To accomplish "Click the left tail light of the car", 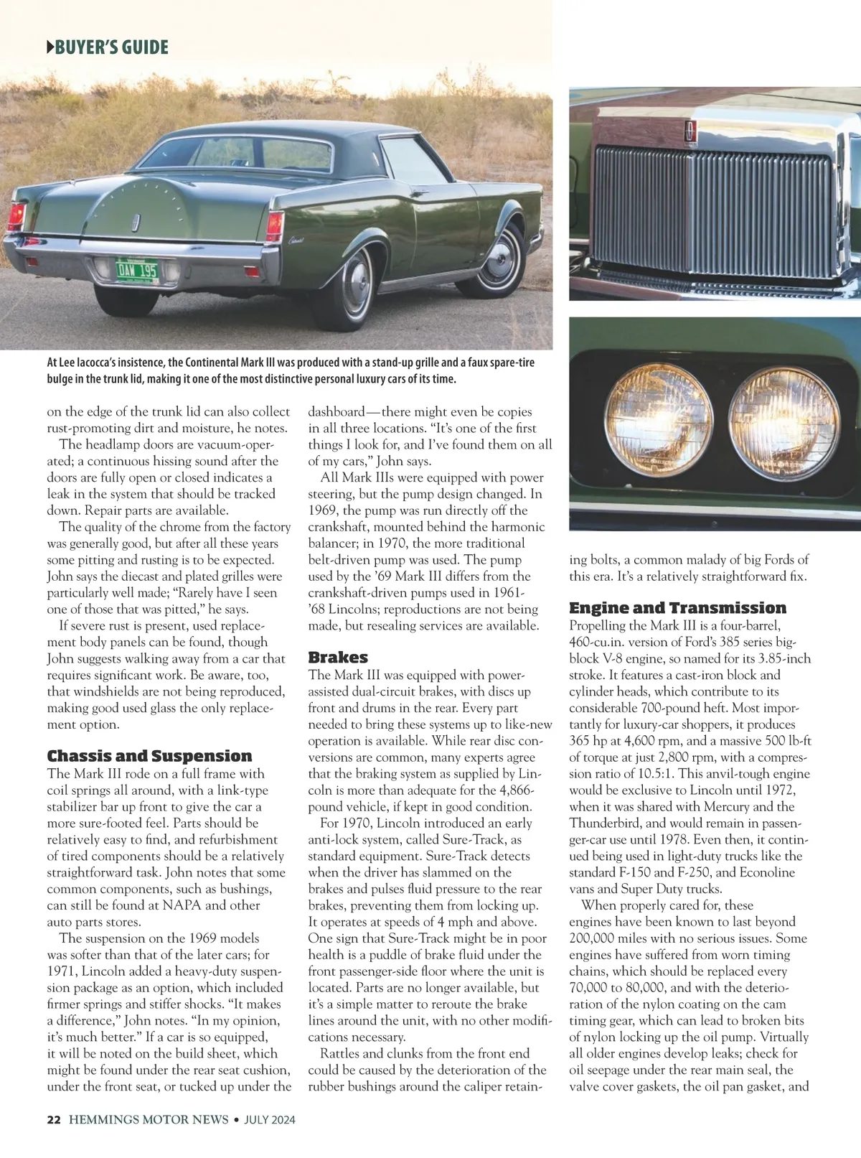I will (17, 216).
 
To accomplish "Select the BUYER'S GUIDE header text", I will (108, 48).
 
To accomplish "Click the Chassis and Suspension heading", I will (149, 756).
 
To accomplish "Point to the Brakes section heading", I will (338, 657).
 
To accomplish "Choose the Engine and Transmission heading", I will (677, 607).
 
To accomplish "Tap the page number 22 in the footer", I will (54, 1120).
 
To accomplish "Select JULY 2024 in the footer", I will (270, 1120).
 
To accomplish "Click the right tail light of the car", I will (274, 226).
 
